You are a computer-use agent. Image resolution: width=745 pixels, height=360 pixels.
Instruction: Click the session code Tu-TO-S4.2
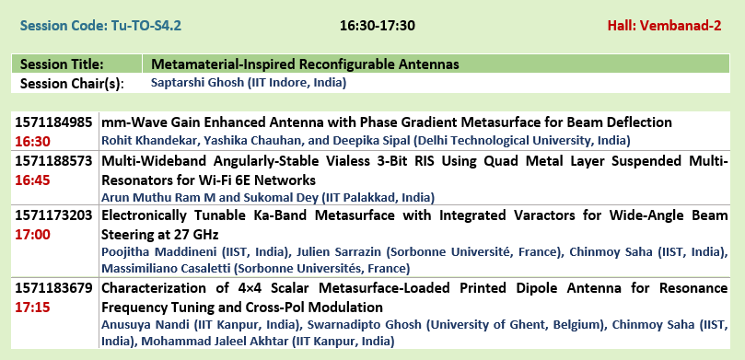146,25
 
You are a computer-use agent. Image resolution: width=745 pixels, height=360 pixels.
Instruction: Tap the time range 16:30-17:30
378,26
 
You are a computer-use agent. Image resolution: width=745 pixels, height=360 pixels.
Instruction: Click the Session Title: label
62,64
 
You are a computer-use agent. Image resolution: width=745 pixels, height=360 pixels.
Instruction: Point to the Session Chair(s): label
72,84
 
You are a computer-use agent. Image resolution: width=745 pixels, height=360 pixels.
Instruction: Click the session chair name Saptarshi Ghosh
197,83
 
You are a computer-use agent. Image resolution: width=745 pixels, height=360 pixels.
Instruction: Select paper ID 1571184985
53,122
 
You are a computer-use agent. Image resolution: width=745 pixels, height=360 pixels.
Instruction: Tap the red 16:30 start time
32,142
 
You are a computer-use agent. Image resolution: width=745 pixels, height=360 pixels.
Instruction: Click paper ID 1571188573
53,161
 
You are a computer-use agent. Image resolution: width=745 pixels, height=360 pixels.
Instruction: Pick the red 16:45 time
32,180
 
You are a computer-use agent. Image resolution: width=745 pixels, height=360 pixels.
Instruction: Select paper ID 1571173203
53,215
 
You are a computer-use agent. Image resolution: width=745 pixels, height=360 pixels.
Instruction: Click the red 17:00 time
32,235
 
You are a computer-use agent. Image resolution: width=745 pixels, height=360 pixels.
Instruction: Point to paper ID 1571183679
53,288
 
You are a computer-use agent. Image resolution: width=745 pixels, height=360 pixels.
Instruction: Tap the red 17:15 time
32,308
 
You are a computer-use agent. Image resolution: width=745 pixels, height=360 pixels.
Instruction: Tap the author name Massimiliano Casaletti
167,269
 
